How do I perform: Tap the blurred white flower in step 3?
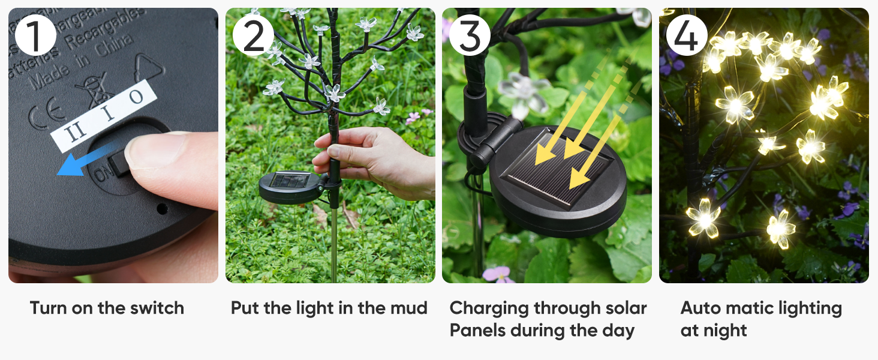[523, 93]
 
